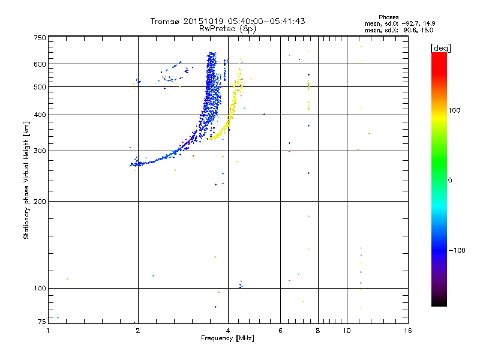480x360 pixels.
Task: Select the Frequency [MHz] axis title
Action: [x=227, y=338]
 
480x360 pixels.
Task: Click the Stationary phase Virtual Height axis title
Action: [x=26, y=180]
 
